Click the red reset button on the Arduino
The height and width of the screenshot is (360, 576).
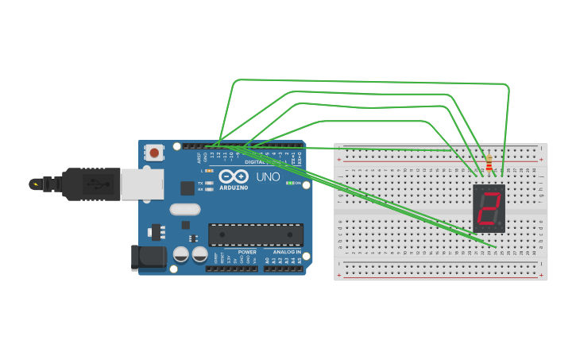[x=154, y=151]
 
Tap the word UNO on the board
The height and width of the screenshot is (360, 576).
[x=268, y=176]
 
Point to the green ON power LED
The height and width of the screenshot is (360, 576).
[x=289, y=183]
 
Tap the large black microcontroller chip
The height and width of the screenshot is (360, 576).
[x=255, y=234]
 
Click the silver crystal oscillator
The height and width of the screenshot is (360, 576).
[x=185, y=210]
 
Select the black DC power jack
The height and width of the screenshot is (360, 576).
[x=149, y=257]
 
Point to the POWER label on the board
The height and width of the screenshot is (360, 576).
[x=247, y=252]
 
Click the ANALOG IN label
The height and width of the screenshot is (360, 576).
[x=286, y=252]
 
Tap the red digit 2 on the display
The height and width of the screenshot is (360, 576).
[x=489, y=208]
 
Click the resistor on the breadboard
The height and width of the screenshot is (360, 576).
[x=489, y=165]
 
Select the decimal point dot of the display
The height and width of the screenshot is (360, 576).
[x=501, y=225]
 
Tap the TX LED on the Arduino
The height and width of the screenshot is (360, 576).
[x=209, y=183]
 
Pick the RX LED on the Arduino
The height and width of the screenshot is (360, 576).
[x=209, y=189]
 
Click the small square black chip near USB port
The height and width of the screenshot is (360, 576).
[x=187, y=188]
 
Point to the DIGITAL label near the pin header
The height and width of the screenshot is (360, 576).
[x=256, y=162]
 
